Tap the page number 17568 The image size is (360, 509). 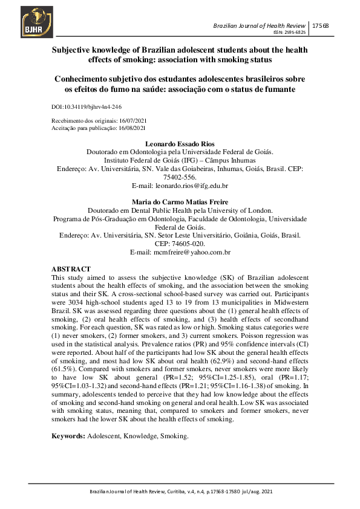(x=321, y=25)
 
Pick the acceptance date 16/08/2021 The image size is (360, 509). (x=131, y=128)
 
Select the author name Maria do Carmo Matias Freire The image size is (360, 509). (x=180, y=202)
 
